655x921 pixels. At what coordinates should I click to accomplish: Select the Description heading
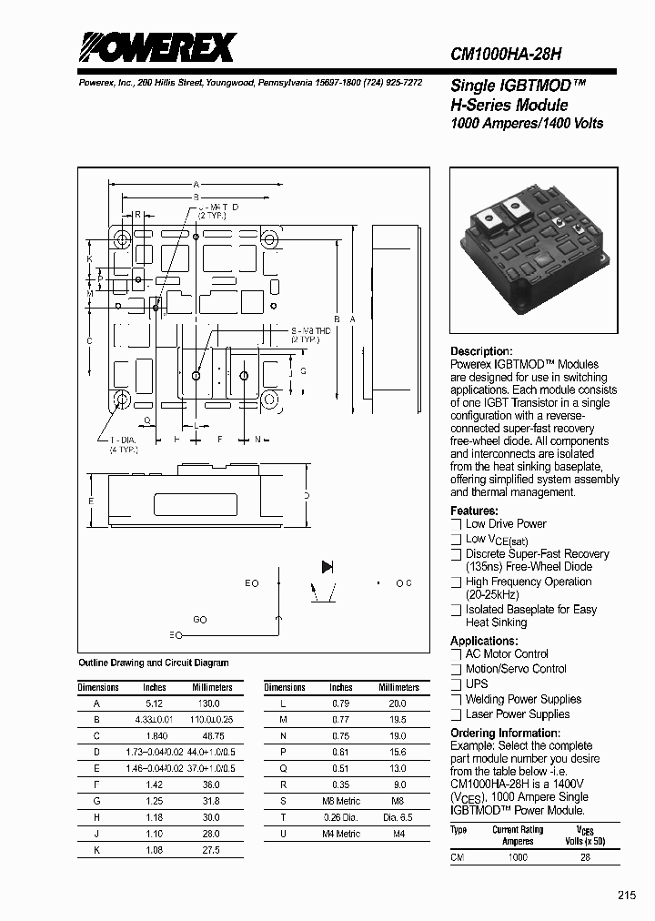pyautogui.click(x=481, y=351)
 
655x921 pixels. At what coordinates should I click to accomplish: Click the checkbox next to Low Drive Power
pyautogui.click(x=457, y=524)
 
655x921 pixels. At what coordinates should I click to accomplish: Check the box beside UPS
pyautogui.click(x=457, y=684)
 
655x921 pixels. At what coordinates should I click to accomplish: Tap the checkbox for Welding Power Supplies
pyautogui.click(x=457, y=700)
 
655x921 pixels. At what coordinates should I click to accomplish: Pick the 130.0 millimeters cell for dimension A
pyautogui.click(x=209, y=703)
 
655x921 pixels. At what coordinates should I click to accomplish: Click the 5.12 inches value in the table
pyautogui.click(x=155, y=703)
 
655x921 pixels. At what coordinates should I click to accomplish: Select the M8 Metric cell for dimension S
pyautogui.click(x=341, y=801)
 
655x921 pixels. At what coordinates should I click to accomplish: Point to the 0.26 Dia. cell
pyautogui.click(x=341, y=816)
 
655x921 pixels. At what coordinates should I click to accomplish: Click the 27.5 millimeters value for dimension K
pyautogui.click(x=209, y=849)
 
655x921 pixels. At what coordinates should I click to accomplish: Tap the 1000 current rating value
pyautogui.click(x=518, y=857)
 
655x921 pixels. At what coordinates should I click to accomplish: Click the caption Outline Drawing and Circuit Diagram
pyautogui.click(x=154, y=663)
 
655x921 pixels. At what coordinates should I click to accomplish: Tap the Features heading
pyautogui.click(x=474, y=511)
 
